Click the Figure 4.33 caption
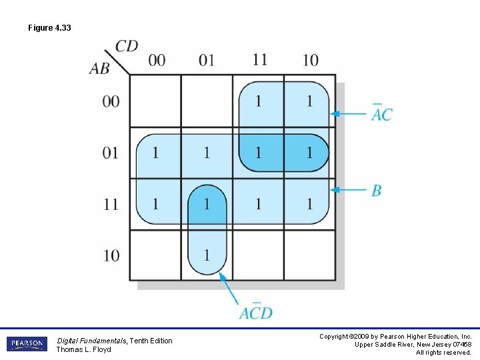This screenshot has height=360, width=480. pyautogui.click(x=49, y=28)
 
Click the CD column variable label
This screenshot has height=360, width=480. pyautogui.click(x=127, y=46)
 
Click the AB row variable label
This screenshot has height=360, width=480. pyautogui.click(x=99, y=69)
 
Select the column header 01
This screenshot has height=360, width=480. pyautogui.click(x=207, y=60)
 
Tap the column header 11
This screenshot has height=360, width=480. pyautogui.click(x=259, y=59)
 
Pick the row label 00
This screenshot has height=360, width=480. pyautogui.click(x=111, y=101)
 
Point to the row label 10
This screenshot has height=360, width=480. pyautogui.click(x=111, y=255)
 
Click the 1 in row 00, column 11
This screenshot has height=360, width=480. pyautogui.click(x=259, y=101)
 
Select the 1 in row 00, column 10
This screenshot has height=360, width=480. pyautogui.click(x=309, y=101)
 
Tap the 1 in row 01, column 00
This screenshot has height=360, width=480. pyautogui.click(x=155, y=153)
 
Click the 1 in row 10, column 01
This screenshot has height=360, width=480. pyautogui.click(x=207, y=255)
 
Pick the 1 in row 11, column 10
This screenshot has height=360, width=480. pyautogui.click(x=309, y=204)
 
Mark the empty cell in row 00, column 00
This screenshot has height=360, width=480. pyautogui.click(x=155, y=101)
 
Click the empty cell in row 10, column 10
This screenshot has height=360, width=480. pyautogui.click(x=309, y=255)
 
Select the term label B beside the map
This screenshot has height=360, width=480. pyautogui.click(x=377, y=191)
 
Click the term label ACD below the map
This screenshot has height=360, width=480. pyautogui.click(x=256, y=312)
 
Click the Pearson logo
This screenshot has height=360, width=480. pyautogui.click(x=27, y=344)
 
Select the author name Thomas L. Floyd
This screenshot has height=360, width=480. pyautogui.click(x=83, y=349)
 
